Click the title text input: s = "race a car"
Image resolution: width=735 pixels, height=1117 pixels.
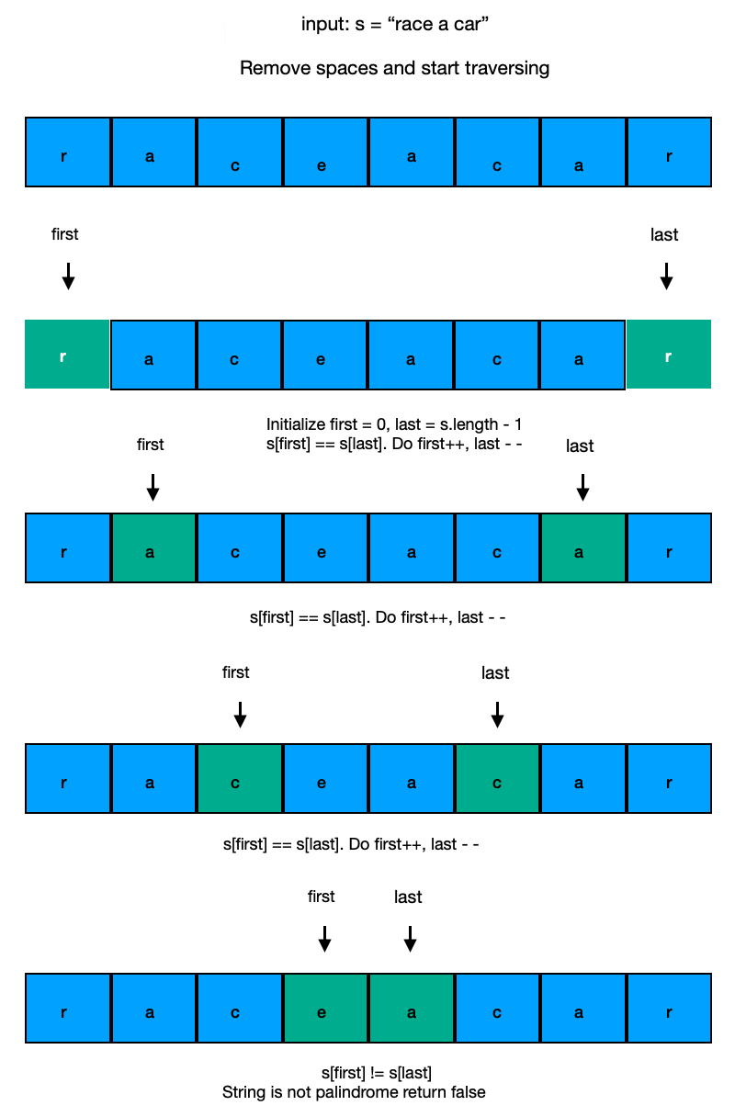pos(394,25)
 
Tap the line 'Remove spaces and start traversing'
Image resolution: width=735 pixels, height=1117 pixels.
pos(394,69)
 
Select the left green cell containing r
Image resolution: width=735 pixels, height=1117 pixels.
pos(67,355)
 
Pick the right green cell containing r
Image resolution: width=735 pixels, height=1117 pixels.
pos(668,355)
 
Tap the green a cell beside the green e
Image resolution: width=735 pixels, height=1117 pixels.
pos(412,1008)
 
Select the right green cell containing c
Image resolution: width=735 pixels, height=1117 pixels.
pos(497,778)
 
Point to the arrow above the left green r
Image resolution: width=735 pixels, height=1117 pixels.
pos(67,276)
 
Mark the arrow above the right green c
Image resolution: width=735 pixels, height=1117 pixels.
pos(497,714)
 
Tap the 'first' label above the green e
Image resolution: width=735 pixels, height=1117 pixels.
pos(322,897)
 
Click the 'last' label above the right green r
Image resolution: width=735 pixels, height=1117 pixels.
pos(663,235)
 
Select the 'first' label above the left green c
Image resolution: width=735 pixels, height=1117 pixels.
pos(236,672)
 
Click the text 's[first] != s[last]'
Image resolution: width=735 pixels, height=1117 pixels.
pos(377,1073)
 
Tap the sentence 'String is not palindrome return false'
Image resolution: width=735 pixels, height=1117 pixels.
pos(354,1092)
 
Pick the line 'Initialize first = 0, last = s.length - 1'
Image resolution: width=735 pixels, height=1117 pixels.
pos(394,424)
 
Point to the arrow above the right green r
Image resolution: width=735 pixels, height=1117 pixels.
pos(667,276)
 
